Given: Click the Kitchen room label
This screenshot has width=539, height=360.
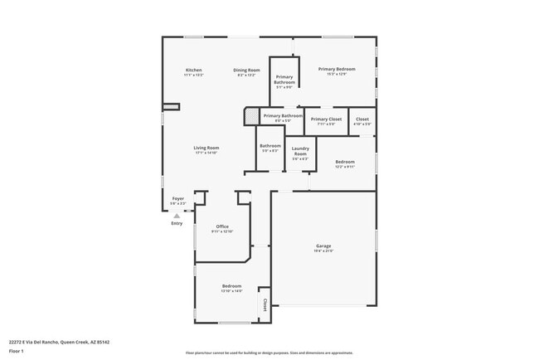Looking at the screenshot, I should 194,70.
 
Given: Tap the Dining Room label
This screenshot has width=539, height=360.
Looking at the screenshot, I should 246,70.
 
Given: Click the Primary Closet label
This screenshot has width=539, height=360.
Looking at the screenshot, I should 326,119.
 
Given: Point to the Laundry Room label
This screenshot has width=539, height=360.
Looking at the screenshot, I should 300,151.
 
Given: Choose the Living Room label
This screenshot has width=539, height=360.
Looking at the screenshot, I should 206,148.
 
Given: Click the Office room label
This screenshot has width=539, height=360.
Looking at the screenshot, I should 222,226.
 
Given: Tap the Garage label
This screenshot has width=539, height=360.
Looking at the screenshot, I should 323,246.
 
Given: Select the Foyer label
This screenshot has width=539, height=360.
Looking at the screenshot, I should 177,199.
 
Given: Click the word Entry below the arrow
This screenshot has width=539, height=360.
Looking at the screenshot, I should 177,223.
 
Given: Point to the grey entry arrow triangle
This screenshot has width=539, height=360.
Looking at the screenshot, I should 177,215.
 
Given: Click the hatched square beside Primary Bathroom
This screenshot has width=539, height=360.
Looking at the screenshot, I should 250,116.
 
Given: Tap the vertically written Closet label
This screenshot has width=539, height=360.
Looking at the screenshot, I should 265,304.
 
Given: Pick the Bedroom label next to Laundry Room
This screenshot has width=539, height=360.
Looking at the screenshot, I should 345,162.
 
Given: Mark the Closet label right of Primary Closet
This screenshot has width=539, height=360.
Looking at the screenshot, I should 362,119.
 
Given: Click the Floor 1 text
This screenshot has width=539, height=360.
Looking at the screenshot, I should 17,351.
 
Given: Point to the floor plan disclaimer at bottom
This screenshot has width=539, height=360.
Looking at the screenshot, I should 269,353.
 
